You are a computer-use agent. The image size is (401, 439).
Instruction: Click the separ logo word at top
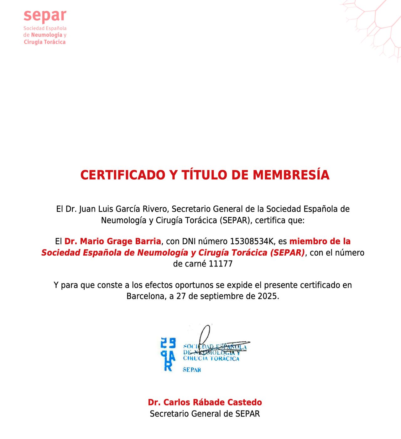[x=45, y=16]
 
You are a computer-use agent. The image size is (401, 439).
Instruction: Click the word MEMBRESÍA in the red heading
[x=291, y=175]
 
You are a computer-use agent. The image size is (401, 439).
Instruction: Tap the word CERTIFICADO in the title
[x=122, y=175]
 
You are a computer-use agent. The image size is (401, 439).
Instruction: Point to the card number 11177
[x=221, y=264]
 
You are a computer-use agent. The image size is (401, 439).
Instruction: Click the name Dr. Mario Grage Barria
[x=113, y=241]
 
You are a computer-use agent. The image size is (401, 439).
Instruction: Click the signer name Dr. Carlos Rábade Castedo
[x=205, y=402]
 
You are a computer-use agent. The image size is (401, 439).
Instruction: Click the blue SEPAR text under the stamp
[x=192, y=370]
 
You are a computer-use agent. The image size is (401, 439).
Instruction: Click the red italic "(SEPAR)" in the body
[x=287, y=253]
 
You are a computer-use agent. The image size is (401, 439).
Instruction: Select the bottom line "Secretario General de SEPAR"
[x=205, y=414]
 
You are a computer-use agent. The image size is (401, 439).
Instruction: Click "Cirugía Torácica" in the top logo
[x=45, y=42]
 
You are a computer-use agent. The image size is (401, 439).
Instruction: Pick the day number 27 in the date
[x=181, y=296]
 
